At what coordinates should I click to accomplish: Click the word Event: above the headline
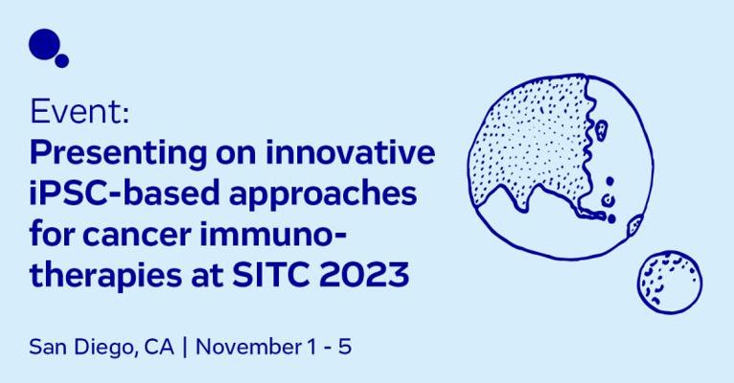[x=80, y=112]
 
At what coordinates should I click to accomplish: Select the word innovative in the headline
[x=350, y=152]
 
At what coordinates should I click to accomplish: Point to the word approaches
[x=324, y=194]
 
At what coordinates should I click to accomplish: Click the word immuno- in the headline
[x=273, y=234]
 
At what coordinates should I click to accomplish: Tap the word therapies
[x=104, y=275]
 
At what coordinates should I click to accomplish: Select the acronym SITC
[x=270, y=275]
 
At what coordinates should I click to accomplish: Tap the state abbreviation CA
[x=159, y=347]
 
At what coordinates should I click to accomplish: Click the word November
[x=248, y=347]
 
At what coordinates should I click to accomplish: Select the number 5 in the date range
[x=345, y=347]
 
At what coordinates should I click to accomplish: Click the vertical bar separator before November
[x=185, y=348]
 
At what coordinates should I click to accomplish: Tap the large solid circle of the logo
[x=44, y=44]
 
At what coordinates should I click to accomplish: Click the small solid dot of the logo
[x=61, y=60]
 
